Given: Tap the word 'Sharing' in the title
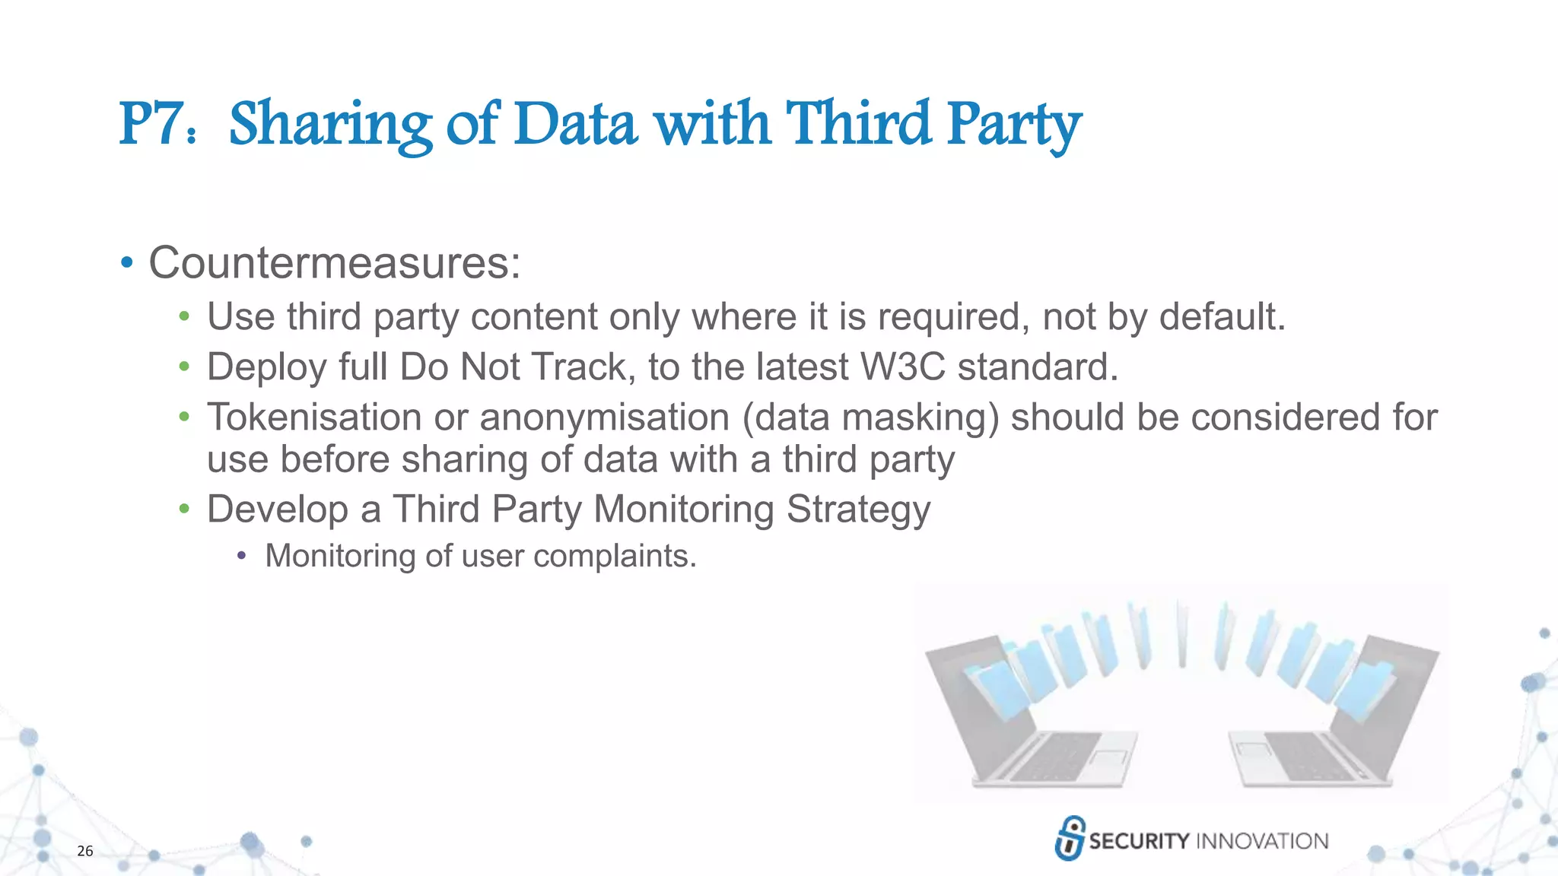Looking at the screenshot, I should point(330,125).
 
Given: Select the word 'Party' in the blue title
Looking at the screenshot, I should point(1013,125).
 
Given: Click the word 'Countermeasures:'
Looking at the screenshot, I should point(335,263).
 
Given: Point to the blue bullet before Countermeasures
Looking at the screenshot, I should point(126,263).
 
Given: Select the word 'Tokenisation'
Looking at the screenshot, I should point(314,417).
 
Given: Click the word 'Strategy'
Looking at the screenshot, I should point(858,509).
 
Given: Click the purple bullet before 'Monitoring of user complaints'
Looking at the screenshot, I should point(241,556).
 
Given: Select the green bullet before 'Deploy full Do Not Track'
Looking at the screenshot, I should point(183,367).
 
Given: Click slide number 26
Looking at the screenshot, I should point(85,851).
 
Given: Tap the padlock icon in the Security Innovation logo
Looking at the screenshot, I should point(1070,838).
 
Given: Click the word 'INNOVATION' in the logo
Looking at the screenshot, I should point(1262,841).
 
